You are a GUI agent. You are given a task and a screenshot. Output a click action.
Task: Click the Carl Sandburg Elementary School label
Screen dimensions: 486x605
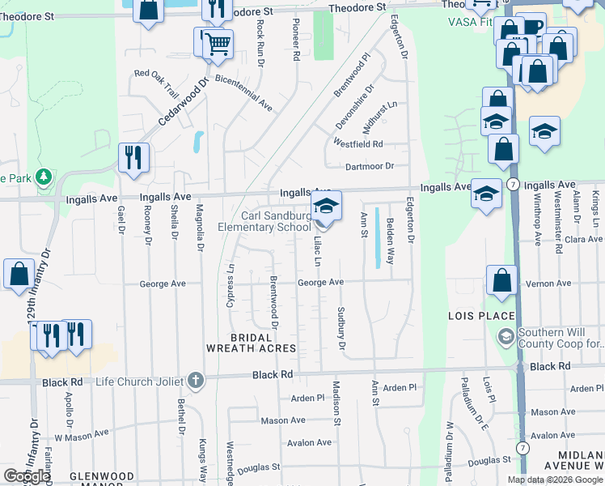pyautogui.click(x=276, y=221)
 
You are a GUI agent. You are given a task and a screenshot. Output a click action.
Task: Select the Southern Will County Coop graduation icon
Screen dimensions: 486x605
pyautogui.click(x=506, y=336)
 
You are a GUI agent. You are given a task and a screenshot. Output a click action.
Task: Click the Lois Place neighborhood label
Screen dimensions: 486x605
pyautogui.click(x=482, y=315)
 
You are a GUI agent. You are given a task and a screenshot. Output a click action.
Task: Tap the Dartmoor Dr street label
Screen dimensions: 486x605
pyautogui.click(x=369, y=166)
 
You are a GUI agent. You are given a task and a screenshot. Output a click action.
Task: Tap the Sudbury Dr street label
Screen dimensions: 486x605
pyautogui.click(x=341, y=328)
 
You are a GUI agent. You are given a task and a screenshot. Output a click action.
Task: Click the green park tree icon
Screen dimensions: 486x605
pyautogui.click(x=44, y=176)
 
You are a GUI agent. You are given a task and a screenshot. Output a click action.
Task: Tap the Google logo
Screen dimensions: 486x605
pyautogui.click(x=27, y=476)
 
